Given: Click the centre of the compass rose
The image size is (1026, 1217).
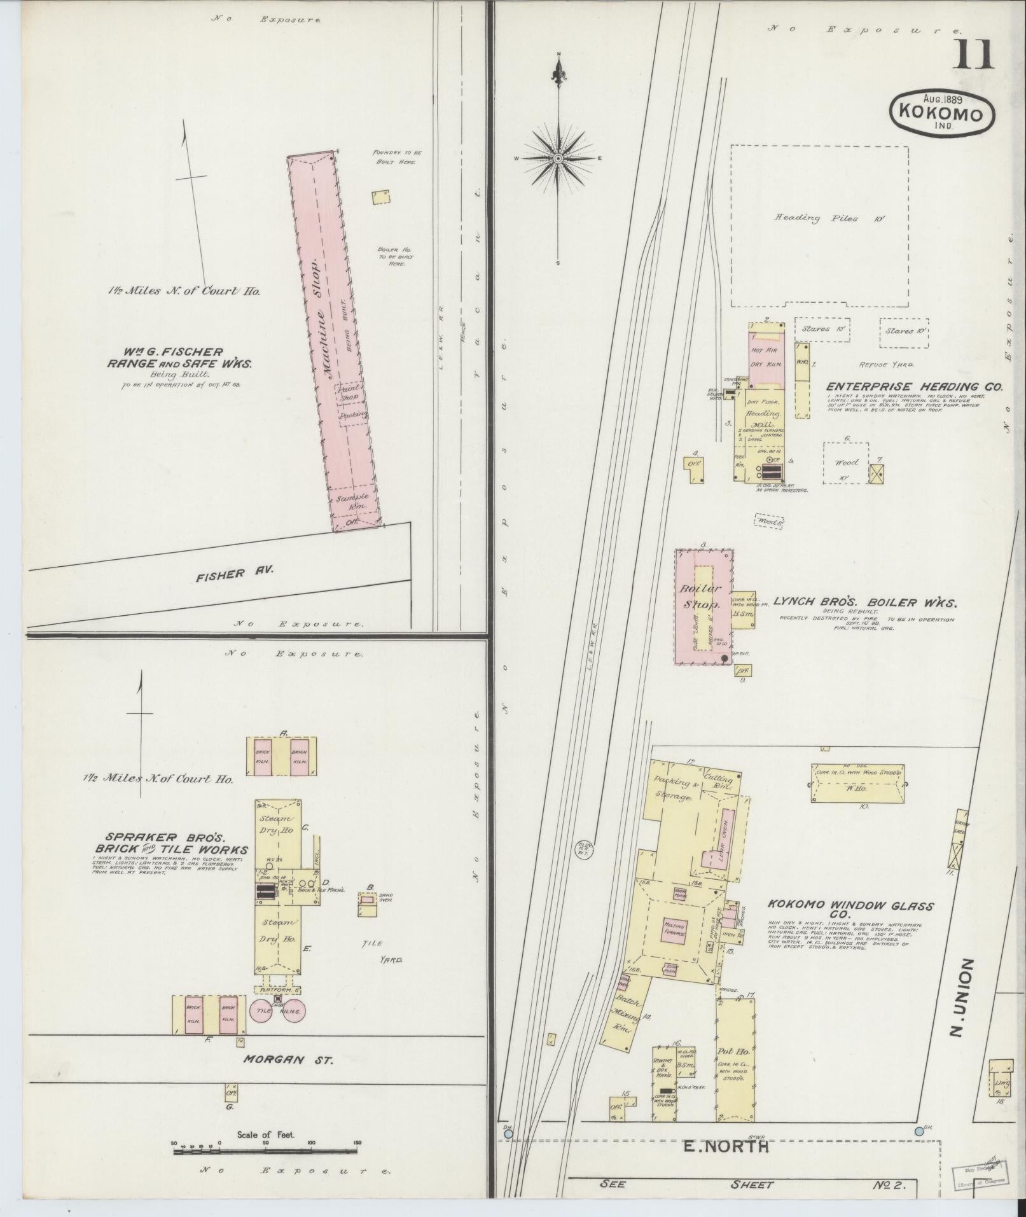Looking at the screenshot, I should tap(558, 158).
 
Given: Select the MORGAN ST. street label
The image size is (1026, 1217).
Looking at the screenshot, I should tap(289, 1060).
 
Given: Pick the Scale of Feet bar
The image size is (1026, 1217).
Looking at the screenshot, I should tap(265, 1150).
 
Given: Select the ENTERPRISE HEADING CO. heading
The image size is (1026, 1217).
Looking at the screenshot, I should tap(914, 387).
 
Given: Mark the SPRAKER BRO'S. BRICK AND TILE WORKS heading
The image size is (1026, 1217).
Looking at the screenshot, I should tap(171, 844).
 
